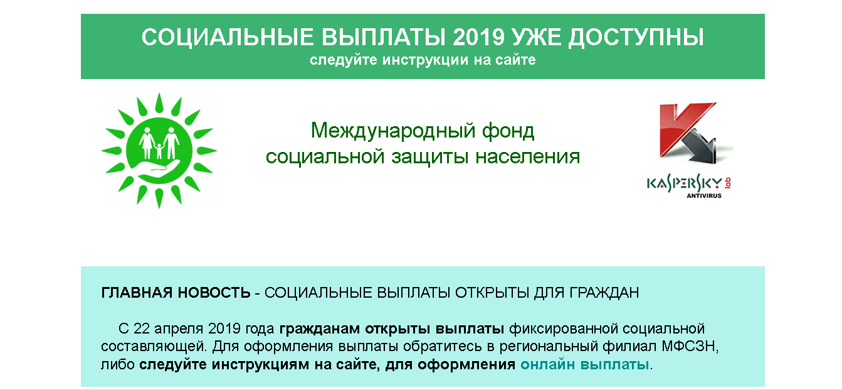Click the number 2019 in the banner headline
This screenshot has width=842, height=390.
477,37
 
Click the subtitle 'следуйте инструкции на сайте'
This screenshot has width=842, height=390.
422,61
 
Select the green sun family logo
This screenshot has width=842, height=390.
159,151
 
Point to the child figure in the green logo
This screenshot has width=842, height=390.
159,149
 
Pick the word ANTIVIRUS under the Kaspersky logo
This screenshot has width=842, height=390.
703,196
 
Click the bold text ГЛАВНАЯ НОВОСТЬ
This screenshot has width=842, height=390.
176,293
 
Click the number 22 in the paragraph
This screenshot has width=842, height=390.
142,328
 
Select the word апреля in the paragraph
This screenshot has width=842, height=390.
179,328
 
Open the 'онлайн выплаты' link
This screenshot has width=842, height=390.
585,364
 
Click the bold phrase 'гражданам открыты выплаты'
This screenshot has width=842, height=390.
392,328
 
